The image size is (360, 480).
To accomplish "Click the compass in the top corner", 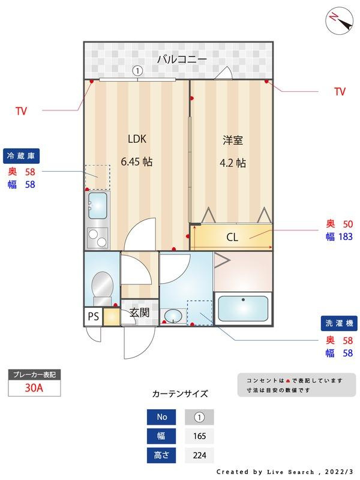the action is pos(339,21).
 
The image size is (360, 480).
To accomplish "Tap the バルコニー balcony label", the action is pos(182,59).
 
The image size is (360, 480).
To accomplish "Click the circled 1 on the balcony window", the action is pos(138,71).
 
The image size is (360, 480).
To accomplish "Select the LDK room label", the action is pos(137,139).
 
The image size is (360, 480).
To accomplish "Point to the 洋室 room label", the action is pos(233,140).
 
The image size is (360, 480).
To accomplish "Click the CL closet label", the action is pos(232,237).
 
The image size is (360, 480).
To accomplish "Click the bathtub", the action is pos(244,308).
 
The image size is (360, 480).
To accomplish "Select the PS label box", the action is pos(94,316).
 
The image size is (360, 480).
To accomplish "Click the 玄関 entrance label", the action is pos(139,313).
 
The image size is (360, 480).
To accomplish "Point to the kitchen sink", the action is pos(98,205).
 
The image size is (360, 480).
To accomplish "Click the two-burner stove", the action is pos(97,238).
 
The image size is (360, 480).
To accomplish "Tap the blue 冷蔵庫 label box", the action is pos(21,156).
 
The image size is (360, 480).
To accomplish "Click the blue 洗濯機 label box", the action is pos(339,323).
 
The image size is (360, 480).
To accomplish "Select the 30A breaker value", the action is pos(34,388).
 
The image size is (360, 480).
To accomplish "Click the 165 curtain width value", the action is pos(199,436).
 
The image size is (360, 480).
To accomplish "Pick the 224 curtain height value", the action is pos(199,455).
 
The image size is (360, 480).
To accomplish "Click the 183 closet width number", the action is pos(346,236).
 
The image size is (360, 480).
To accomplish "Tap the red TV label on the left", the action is pos(21,111).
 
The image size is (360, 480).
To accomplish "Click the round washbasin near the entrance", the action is pos(173,316).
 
